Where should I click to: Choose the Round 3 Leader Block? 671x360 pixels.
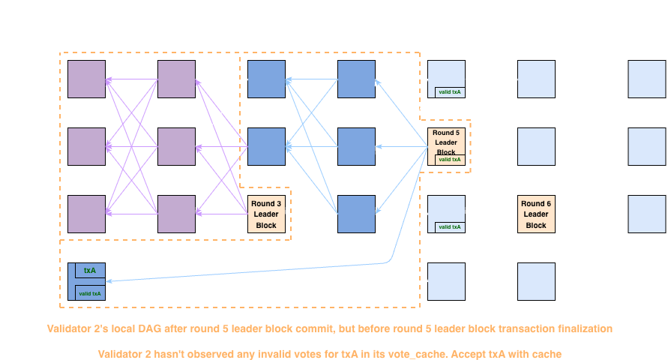tap(266, 214)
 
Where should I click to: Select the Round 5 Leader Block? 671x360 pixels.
tap(446, 142)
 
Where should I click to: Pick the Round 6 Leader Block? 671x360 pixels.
tap(536, 214)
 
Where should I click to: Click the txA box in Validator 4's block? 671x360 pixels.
tap(90, 270)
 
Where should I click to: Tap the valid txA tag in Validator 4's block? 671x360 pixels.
tap(90, 293)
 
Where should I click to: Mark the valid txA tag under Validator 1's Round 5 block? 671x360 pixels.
tap(450, 92)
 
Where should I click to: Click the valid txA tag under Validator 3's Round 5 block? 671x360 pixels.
tap(450, 227)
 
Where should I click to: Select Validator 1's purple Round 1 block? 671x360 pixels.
tap(86, 79)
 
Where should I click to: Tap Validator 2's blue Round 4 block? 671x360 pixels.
tap(356, 146)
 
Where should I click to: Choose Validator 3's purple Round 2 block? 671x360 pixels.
tap(176, 214)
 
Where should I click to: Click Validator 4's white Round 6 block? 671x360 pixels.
tap(536, 281)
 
